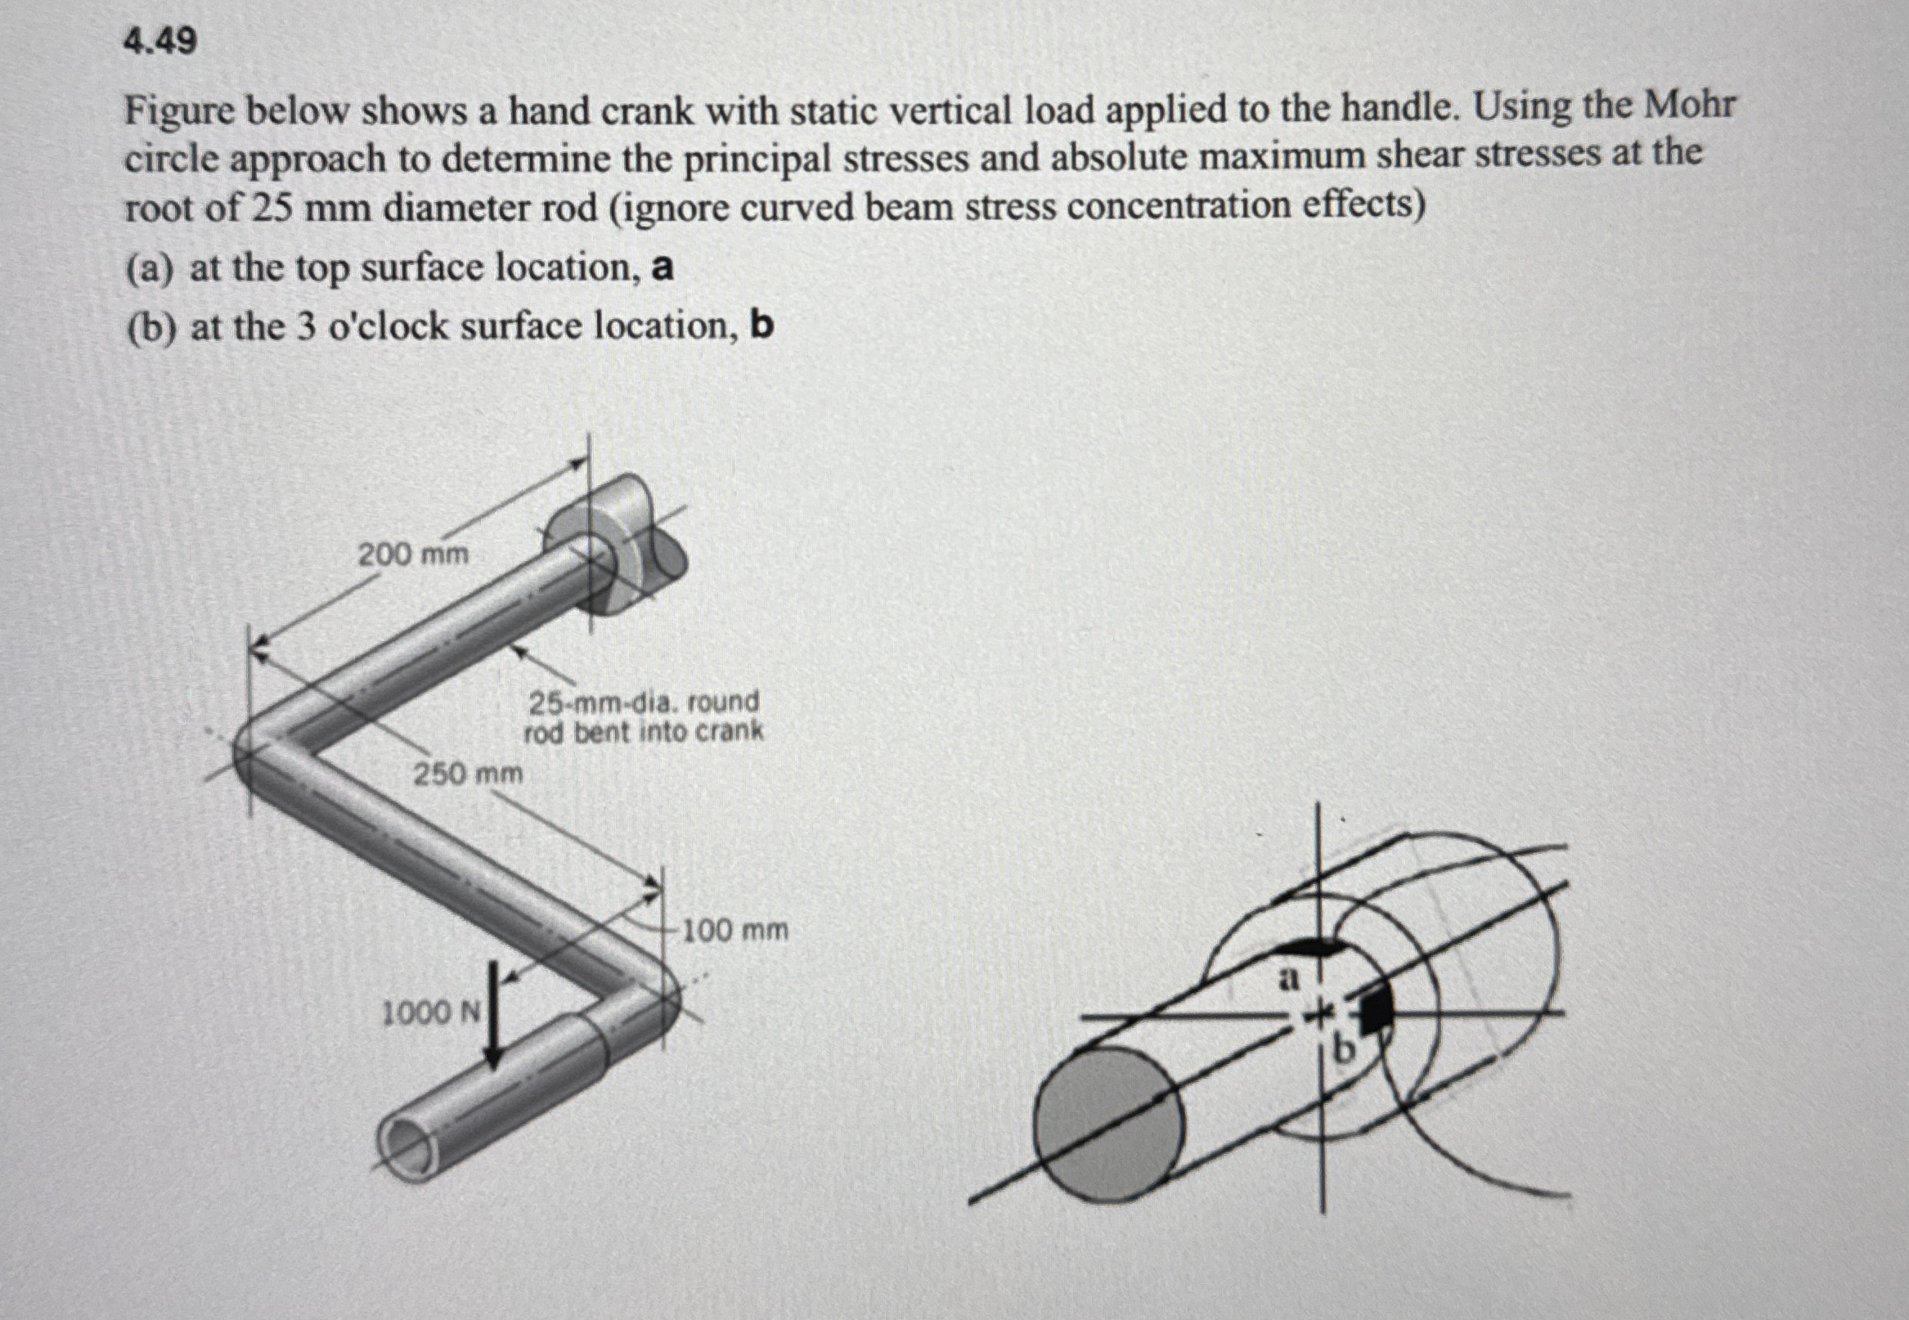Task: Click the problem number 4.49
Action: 160,41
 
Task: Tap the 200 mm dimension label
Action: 413,554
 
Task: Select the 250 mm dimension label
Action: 468,774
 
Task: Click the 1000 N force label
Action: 430,1012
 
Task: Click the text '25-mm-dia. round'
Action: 644,703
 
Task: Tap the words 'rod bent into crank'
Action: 644,733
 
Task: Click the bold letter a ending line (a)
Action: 663,268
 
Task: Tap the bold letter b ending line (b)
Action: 761,327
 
